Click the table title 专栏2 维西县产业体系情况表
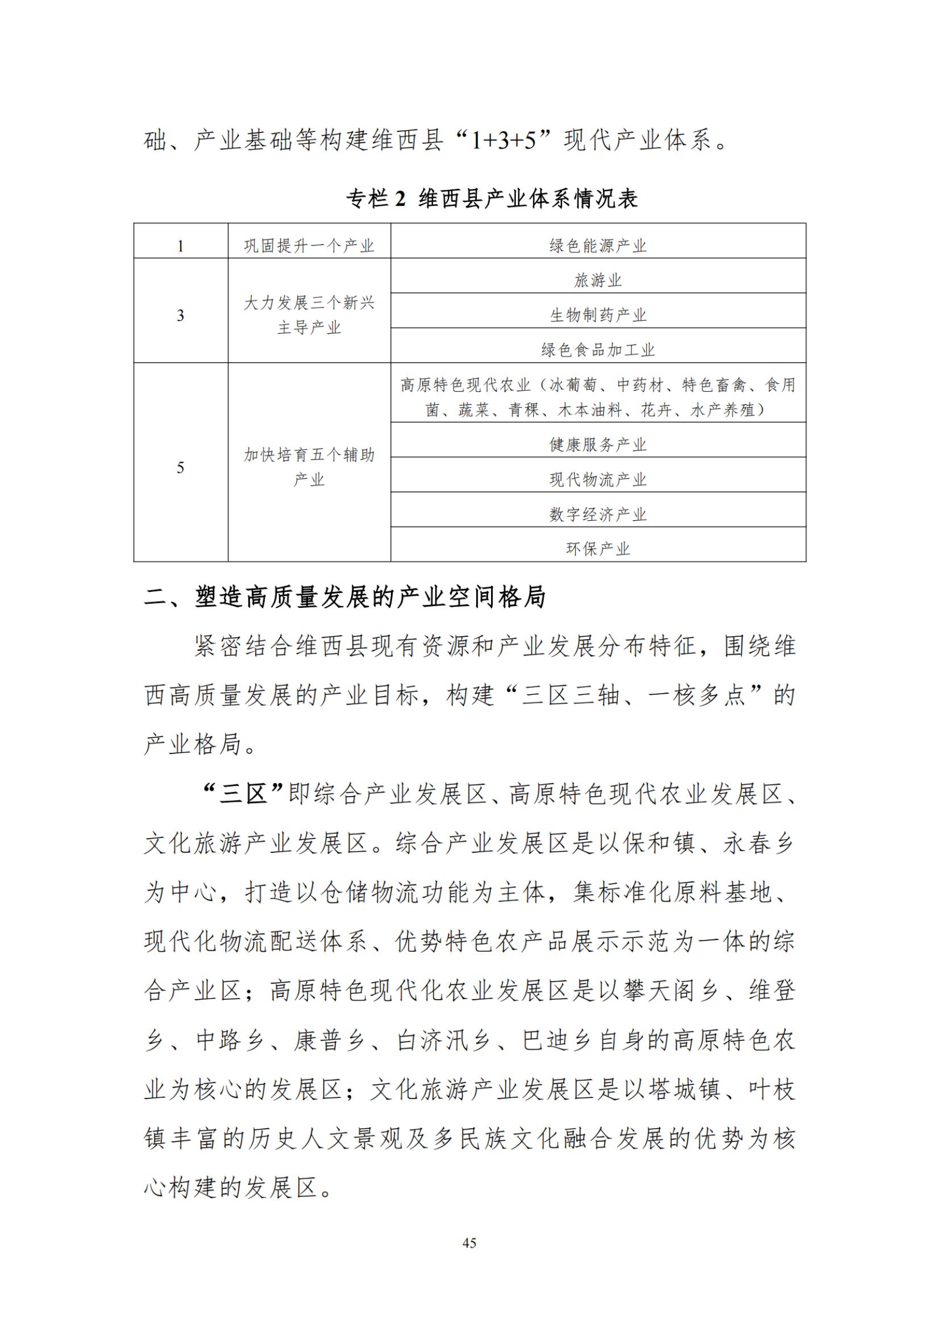492,198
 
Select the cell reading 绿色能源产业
598,246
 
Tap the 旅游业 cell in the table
598,280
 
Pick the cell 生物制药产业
598,315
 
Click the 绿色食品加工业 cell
598,350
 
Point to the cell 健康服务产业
598,444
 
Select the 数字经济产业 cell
598,514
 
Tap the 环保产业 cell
598,549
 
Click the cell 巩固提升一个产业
309,246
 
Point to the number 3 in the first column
181,316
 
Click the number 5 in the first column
181,467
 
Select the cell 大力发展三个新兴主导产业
309,315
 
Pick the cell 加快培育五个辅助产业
309,467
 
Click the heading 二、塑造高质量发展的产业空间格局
345,597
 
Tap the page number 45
469,1242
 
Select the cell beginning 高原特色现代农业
598,397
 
